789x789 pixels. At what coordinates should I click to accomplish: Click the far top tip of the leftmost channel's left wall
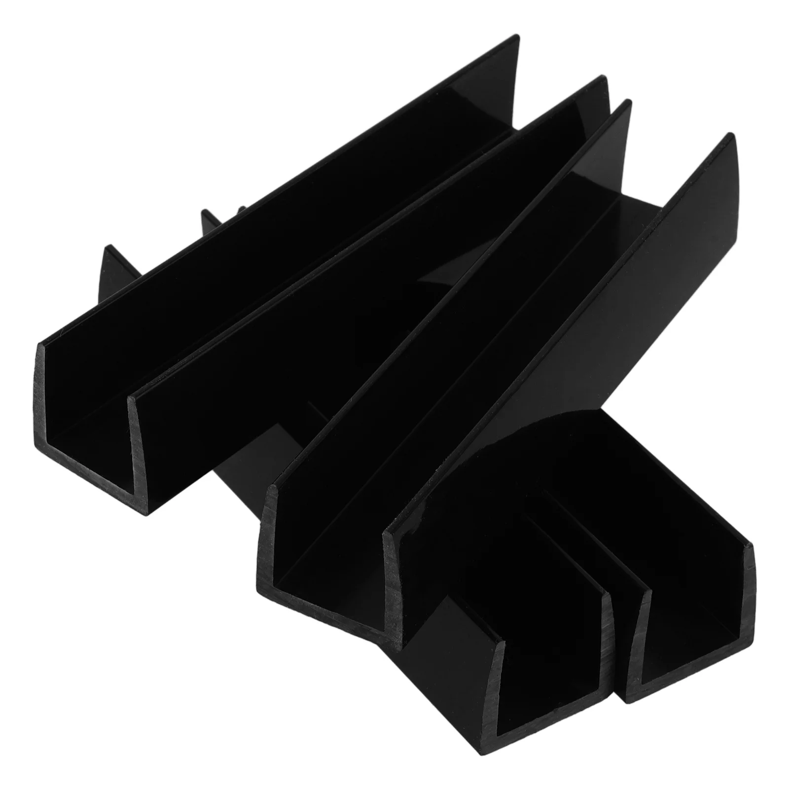(516, 39)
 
